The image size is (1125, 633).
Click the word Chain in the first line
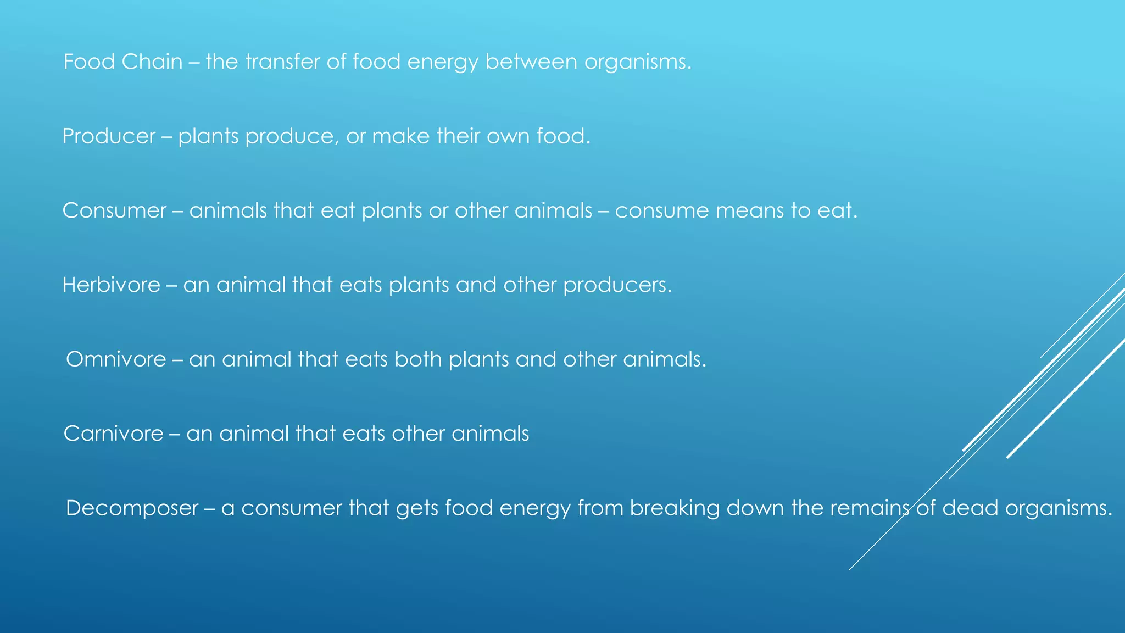click(x=152, y=62)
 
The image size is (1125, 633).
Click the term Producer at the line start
click(x=109, y=136)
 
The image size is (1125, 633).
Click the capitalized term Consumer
click(x=114, y=210)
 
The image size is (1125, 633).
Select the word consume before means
click(x=662, y=211)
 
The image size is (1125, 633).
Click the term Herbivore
click(x=112, y=285)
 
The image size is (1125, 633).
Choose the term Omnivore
click(x=116, y=359)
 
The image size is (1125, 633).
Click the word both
click(x=418, y=359)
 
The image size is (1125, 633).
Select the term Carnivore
click(x=114, y=434)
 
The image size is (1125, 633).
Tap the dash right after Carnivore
click(x=175, y=434)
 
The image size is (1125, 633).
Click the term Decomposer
click(x=132, y=508)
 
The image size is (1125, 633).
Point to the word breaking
click(x=675, y=508)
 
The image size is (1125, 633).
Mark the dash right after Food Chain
click(x=194, y=62)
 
